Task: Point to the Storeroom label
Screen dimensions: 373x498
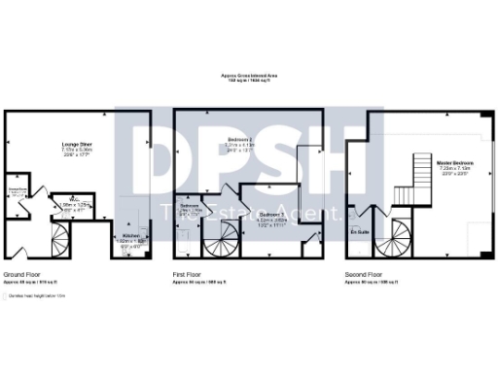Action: click(17, 189)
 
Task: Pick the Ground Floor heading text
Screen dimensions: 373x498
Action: click(22, 275)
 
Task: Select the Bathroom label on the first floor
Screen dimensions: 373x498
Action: click(190, 206)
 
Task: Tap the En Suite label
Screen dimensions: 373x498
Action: click(359, 232)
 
